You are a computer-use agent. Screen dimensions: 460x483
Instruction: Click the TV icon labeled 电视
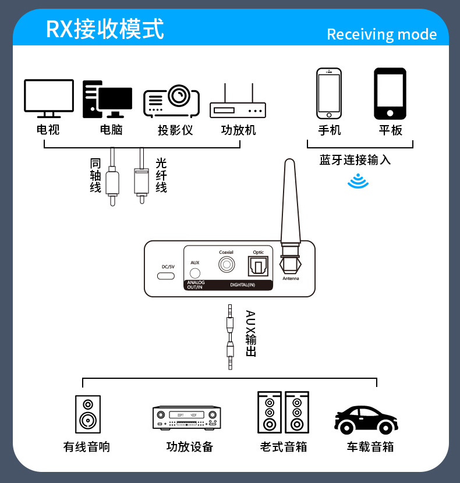pyautogui.click(x=49, y=98)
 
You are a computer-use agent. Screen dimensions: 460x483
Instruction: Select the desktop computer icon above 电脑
pyautogui.click(x=107, y=99)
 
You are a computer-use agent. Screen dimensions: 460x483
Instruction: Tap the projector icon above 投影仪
pyautogui.click(x=171, y=101)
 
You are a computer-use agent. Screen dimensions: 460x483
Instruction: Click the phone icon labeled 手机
pyautogui.click(x=329, y=93)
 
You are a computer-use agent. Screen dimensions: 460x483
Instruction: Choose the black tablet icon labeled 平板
pyautogui.click(x=390, y=94)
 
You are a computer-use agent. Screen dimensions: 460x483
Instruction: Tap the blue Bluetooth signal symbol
pyautogui.click(x=358, y=181)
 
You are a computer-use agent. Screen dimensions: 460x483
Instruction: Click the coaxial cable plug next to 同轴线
pyautogui.click(x=112, y=177)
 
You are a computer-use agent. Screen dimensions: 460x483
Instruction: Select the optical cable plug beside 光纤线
pyautogui.click(x=141, y=176)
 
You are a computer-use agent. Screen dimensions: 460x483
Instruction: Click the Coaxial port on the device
pyautogui.click(x=227, y=265)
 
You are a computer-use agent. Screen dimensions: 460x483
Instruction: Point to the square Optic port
pyautogui.click(x=258, y=266)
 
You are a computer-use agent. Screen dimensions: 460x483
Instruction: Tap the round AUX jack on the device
pyautogui.click(x=195, y=273)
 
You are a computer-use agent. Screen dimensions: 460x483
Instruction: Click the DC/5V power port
pyautogui.click(x=166, y=276)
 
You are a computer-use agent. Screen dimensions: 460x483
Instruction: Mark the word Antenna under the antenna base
pyautogui.click(x=291, y=279)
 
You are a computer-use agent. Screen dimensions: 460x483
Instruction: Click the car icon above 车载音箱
pyautogui.click(x=366, y=420)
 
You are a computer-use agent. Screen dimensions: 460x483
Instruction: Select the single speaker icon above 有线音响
pyautogui.click(x=88, y=414)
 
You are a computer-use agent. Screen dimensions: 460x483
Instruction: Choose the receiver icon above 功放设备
pyautogui.click(x=187, y=418)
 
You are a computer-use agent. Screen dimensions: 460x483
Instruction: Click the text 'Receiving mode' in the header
pyautogui.click(x=382, y=34)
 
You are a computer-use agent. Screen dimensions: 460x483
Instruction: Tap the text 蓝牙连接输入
pyautogui.click(x=355, y=160)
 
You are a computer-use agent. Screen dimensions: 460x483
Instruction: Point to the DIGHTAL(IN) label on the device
pyautogui.click(x=243, y=285)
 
